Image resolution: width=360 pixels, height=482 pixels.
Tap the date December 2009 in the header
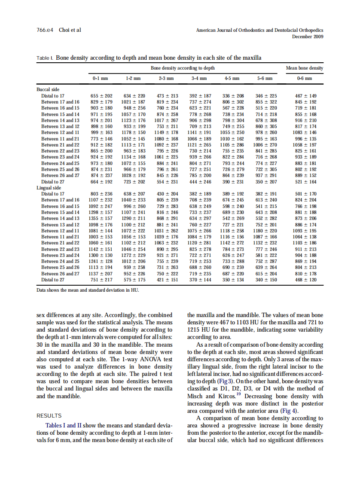point(308,37)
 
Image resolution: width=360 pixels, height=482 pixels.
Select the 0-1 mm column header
point(100,79)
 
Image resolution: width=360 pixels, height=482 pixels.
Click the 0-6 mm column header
point(304,79)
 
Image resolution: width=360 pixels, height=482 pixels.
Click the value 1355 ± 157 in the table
point(101,218)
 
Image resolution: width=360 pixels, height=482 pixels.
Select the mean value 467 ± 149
point(305,96)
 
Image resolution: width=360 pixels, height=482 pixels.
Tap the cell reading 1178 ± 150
point(134,133)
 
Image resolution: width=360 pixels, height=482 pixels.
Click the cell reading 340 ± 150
point(266,280)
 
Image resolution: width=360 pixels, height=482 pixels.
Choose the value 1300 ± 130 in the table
point(101,255)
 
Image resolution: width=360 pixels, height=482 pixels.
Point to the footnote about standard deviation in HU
point(88,290)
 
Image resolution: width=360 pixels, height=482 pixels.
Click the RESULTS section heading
point(49,415)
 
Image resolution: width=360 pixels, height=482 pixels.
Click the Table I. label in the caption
point(45,57)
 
